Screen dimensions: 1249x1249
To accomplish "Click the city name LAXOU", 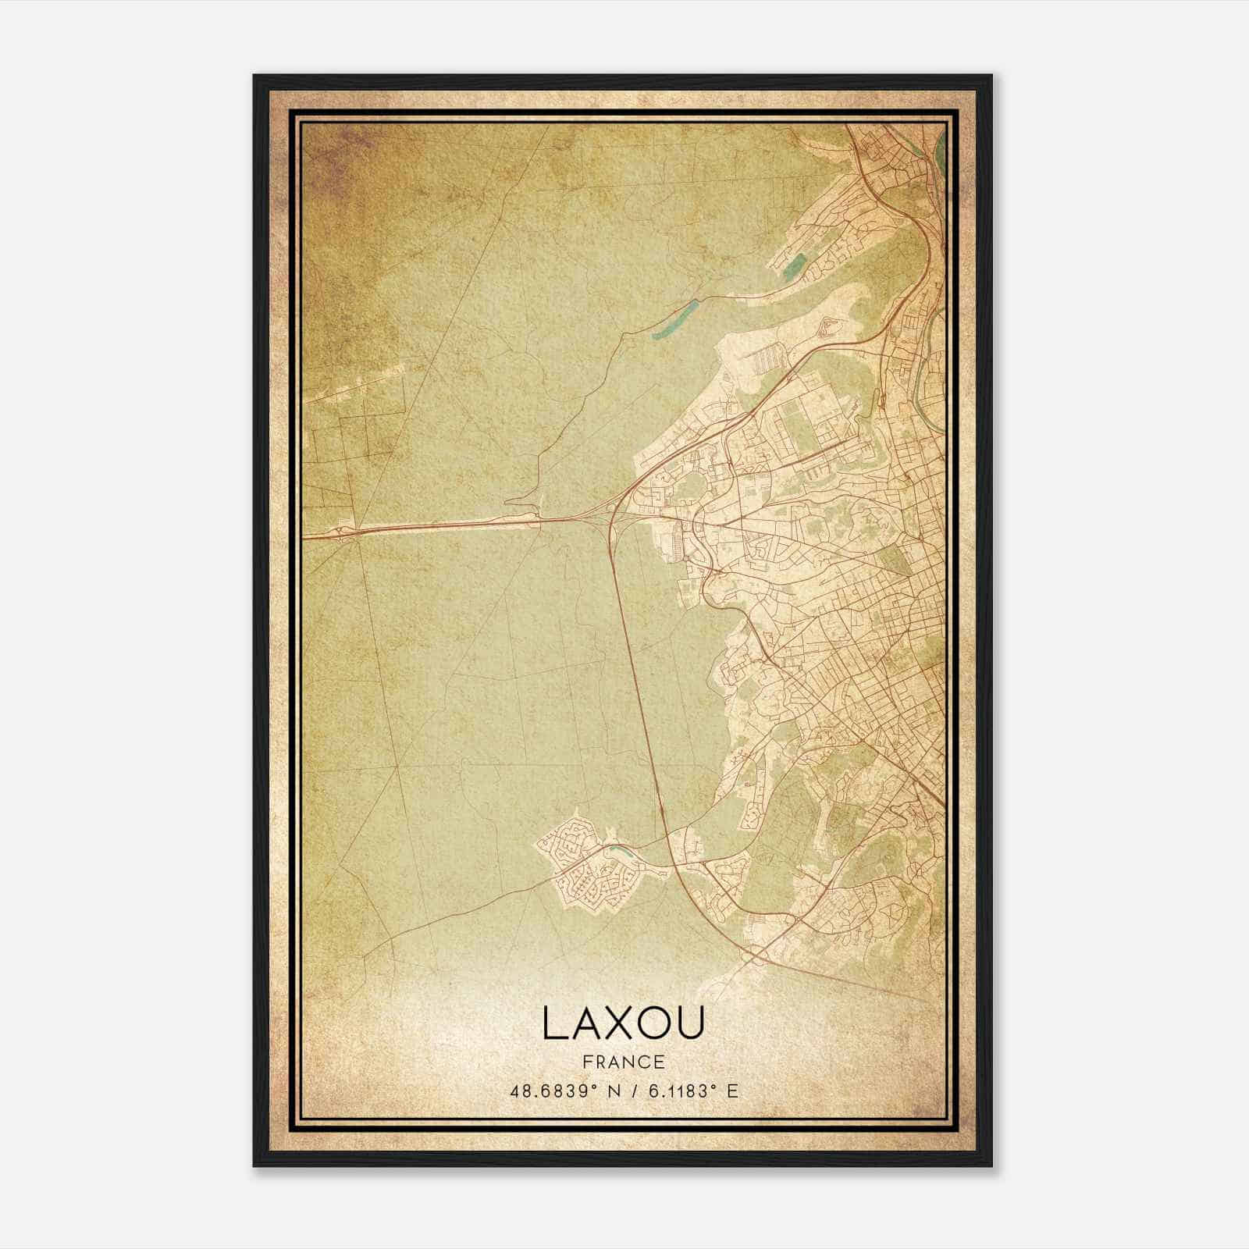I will coord(623,1023).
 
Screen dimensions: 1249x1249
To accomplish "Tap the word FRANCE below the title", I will coord(623,1062).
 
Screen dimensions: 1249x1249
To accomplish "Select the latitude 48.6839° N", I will coord(563,1091).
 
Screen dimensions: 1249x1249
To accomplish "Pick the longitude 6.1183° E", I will coord(694,1091).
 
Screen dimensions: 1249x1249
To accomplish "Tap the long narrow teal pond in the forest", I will coord(674,319).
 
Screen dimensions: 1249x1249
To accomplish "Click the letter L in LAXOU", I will coord(555,1023).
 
